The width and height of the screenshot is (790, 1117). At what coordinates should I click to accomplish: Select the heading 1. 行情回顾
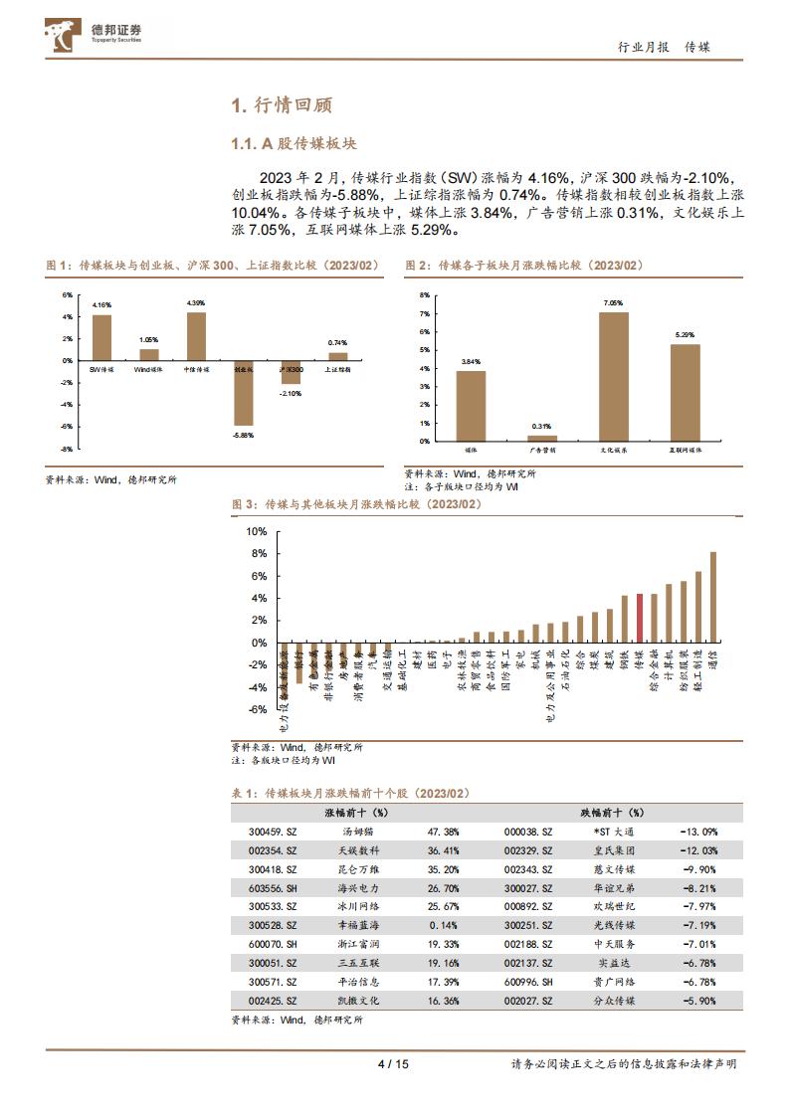click(x=282, y=105)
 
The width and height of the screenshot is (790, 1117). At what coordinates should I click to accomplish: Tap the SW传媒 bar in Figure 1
click(x=101, y=338)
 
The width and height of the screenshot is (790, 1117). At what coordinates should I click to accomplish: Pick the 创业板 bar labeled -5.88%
click(x=244, y=393)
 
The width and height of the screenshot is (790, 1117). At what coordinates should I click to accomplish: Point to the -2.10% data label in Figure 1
click(x=291, y=394)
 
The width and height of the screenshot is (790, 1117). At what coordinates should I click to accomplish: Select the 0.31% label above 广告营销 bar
click(x=542, y=427)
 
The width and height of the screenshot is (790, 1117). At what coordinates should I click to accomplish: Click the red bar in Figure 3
click(x=640, y=618)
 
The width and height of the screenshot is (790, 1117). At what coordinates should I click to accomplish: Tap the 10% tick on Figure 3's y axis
click(x=259, y=531)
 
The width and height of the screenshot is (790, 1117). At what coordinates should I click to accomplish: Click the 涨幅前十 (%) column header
click(x=357, y=813)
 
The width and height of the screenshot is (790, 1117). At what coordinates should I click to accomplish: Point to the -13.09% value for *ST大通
click(x=697, y=831)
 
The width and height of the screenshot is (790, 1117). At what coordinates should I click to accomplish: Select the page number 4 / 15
click(x=394, y=1063)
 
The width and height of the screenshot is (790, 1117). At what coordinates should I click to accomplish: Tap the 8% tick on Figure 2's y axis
click(x=423, y=295)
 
